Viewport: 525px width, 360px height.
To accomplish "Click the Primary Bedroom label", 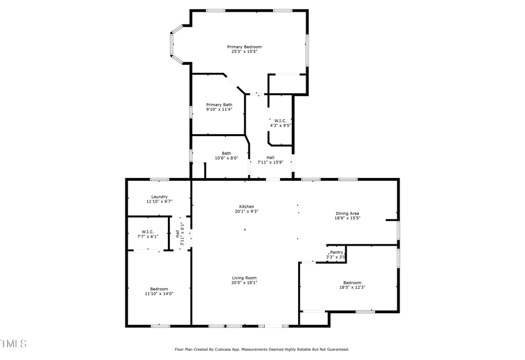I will pos(244,47).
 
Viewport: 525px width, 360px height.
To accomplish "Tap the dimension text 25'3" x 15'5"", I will pos(244,51).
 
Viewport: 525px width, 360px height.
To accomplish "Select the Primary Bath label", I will pos(219,104).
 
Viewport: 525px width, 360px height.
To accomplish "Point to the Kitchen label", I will pos(246,207).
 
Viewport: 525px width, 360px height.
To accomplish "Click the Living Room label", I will pos(244,278).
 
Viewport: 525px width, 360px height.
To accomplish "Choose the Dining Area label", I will pos(347,214).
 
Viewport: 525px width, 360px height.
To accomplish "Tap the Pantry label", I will pos(337,252).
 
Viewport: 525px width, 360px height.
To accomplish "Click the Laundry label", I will pos(159,197).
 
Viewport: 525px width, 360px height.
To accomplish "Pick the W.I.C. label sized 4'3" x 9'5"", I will pos(280,120).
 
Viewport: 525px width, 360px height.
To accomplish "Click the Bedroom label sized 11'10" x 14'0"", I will pos(159,289).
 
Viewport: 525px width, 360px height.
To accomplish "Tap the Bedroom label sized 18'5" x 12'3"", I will pos(352,282).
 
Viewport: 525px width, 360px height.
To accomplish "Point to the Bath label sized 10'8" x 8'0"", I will pos(226,153).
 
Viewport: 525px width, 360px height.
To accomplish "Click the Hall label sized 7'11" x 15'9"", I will pos(271,158).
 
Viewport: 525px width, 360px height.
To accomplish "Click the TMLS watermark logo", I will pos(13,344).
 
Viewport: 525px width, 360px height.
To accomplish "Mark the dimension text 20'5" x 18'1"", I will pos(244,282).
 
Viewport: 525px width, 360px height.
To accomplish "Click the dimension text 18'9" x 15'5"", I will pos(347,218).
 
